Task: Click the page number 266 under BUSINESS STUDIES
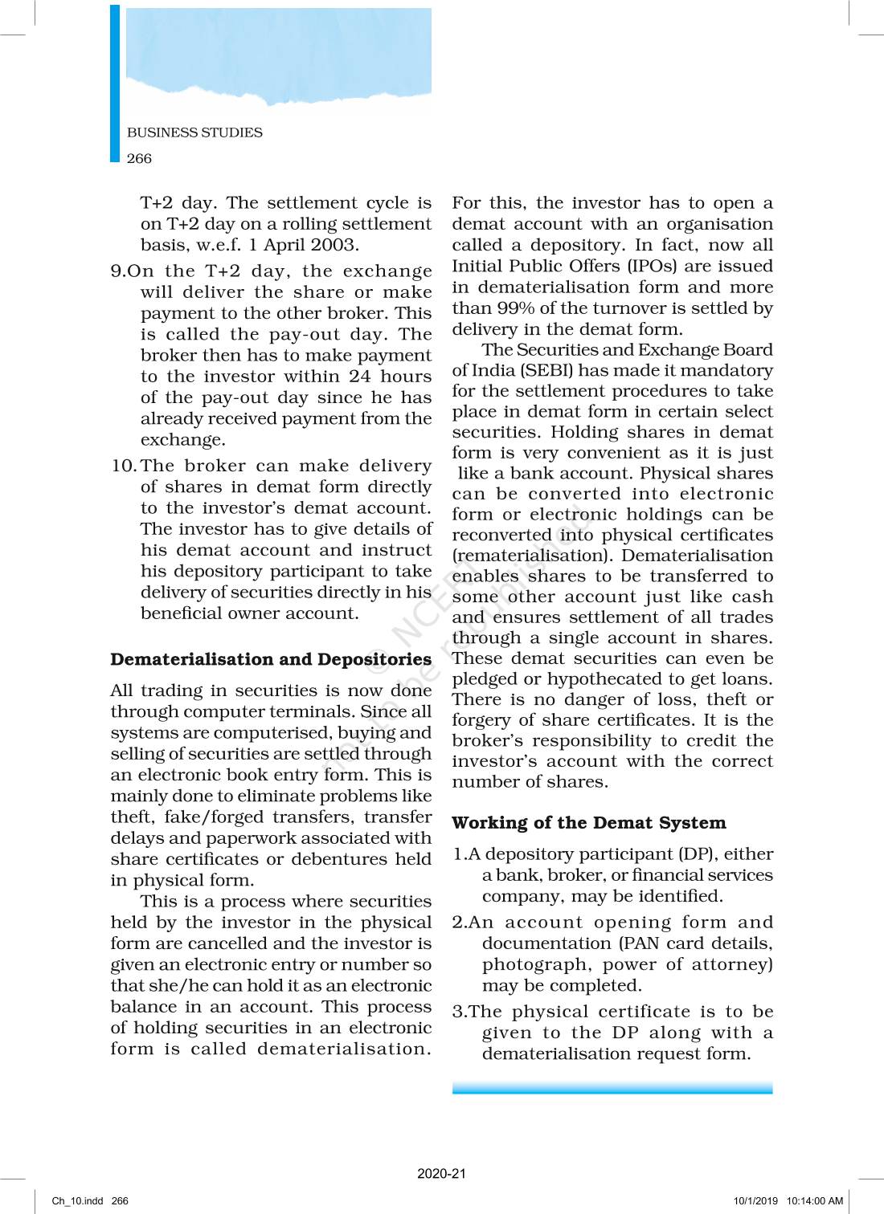139,158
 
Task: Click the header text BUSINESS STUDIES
194,132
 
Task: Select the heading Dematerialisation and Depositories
271,659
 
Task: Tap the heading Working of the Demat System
588,823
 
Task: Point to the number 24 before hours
360,376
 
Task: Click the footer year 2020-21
441,1173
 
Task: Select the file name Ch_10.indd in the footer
77,1201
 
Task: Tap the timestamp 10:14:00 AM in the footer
815,1201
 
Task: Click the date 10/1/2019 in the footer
755,1201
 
